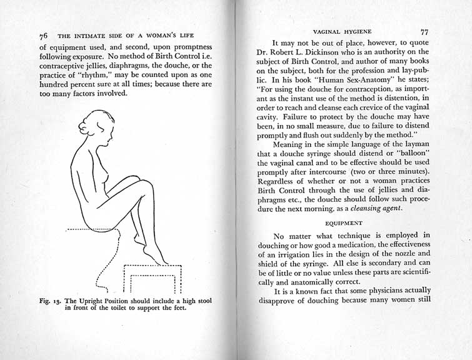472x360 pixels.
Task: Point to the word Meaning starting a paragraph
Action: [x=288, y=142]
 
